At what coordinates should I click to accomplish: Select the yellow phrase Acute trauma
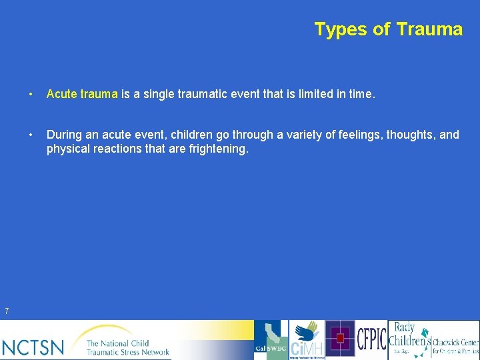(x=82, y=94)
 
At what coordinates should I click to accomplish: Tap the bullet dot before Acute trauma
(x=32, y=94)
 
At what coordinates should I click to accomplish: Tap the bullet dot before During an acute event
(x=32, y=135)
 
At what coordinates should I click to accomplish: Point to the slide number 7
(x=6, y=311)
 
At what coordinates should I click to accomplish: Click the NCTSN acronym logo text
(x=33, y=347)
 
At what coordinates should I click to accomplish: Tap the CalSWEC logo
(x=271, y=340)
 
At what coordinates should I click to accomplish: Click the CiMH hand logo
(x=307, y=340)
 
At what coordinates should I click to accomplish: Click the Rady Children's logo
(x=407, y=339)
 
